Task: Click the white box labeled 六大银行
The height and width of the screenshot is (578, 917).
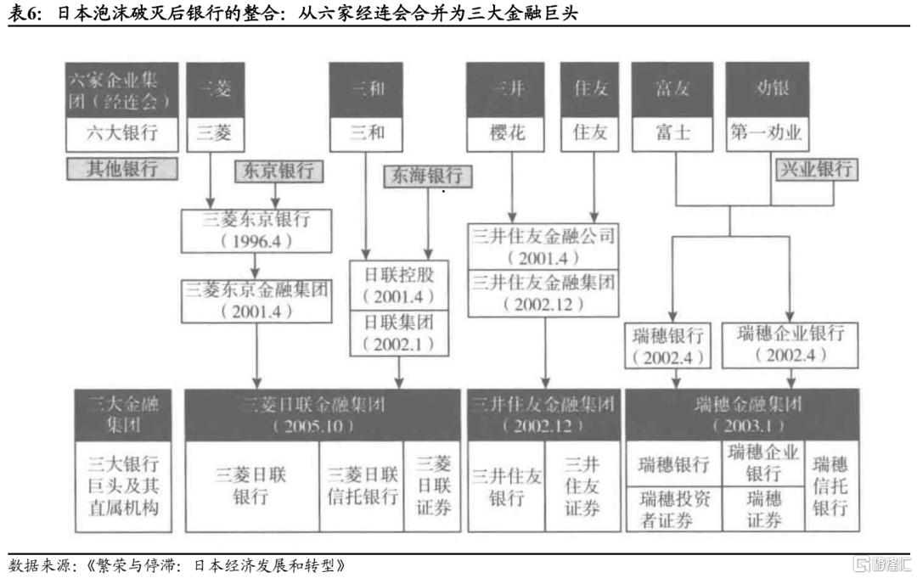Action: [122, 133]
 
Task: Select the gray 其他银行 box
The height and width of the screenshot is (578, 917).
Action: [122, 168]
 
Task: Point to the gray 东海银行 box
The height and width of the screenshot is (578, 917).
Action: [427, 176]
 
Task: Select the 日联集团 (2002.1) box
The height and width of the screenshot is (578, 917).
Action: [398, 333]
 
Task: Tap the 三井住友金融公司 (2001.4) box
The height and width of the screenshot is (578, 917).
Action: [543, 246]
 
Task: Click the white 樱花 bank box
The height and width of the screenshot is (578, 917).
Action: [509, 133]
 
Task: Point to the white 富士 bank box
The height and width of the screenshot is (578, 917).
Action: [672, 133]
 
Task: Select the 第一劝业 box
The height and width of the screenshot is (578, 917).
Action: [767, 133]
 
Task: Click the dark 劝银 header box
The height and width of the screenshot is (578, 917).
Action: [767, 89]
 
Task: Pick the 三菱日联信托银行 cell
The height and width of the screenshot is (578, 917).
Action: [363, 486]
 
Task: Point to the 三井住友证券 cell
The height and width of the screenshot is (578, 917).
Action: [582, 486]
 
